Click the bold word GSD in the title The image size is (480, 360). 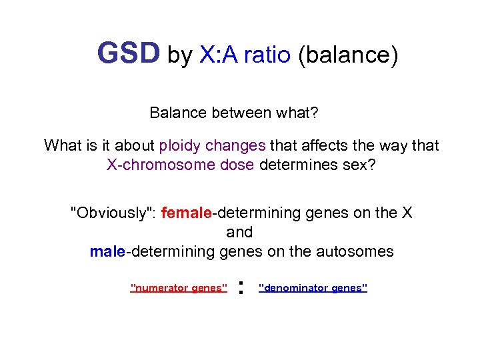click(129, 54)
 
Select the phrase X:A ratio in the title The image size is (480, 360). click(245, 55)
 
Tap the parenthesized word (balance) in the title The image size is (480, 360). click(347, 55)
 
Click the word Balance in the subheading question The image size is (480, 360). click(178, 113)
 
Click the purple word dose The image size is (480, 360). click(239, 165)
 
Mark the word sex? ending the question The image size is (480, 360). click(359, 165)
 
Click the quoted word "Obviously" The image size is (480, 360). click(113, 213)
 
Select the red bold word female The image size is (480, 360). click(186, 213)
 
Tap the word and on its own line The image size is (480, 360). click(239, 232)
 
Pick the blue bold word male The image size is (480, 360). click(107, 251)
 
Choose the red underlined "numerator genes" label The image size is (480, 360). click(179, 288)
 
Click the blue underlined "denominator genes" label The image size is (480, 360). click(313, 288)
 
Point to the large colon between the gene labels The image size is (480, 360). click(241, 288)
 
